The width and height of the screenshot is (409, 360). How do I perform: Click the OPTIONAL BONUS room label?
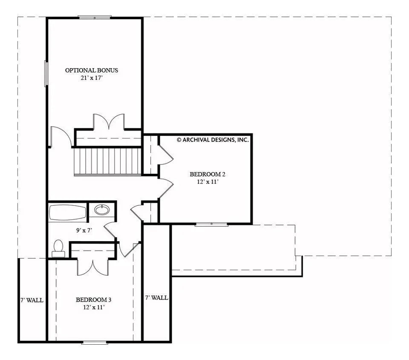tap(91, 70)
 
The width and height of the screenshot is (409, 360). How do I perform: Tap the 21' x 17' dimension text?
tap(91, 78)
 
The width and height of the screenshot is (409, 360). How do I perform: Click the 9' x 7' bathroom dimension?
tap(84, 230)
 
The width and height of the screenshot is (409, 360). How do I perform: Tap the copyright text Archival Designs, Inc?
tap(213, 139)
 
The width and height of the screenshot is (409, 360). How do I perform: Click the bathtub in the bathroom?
tap(68, 213)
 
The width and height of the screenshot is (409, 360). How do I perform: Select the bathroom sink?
tap(102, 210)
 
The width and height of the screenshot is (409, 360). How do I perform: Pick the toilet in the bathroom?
tap(58, 248)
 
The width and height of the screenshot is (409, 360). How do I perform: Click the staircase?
tap(107, 161)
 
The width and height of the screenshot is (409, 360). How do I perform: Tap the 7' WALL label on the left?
tap(32, 300)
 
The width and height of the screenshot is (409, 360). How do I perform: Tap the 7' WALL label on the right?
tap(156, 298)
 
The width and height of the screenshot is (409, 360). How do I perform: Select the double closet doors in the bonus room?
tap(109, 122)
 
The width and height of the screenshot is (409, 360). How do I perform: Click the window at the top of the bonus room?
tap(95, 17)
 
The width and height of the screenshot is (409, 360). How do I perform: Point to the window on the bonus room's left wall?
tap(46, 74)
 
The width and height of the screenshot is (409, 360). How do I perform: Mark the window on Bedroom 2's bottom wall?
tap(211, 224)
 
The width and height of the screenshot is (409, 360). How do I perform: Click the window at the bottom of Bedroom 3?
tap(95, 342)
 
